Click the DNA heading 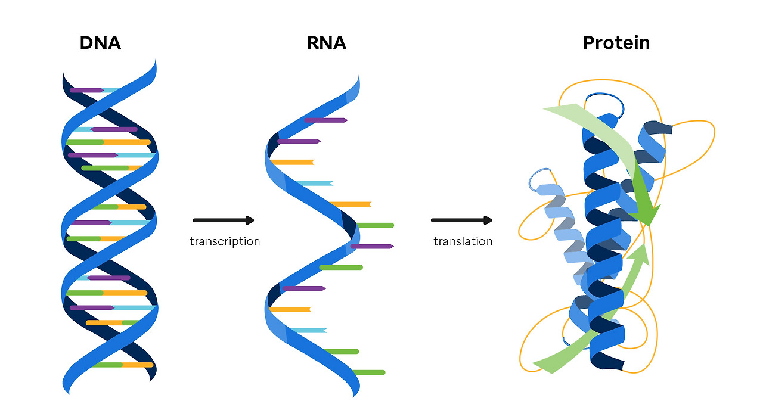[x=100, y=43]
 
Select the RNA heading [x=327, y=43]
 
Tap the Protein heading [x=616, y=43]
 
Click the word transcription [x=225, y=241]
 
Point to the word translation [x=463, y=241]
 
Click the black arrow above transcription [x=224, y=220]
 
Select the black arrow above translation [x=461, y=220]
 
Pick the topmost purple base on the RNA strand [x=325, y=120]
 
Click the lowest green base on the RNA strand [x=368, y=372]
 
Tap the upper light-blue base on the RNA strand [x=314, y=183]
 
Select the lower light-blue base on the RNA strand [x=308, y=330]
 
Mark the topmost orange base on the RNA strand [x=291, y=162]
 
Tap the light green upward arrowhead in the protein [x=639, y=253]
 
